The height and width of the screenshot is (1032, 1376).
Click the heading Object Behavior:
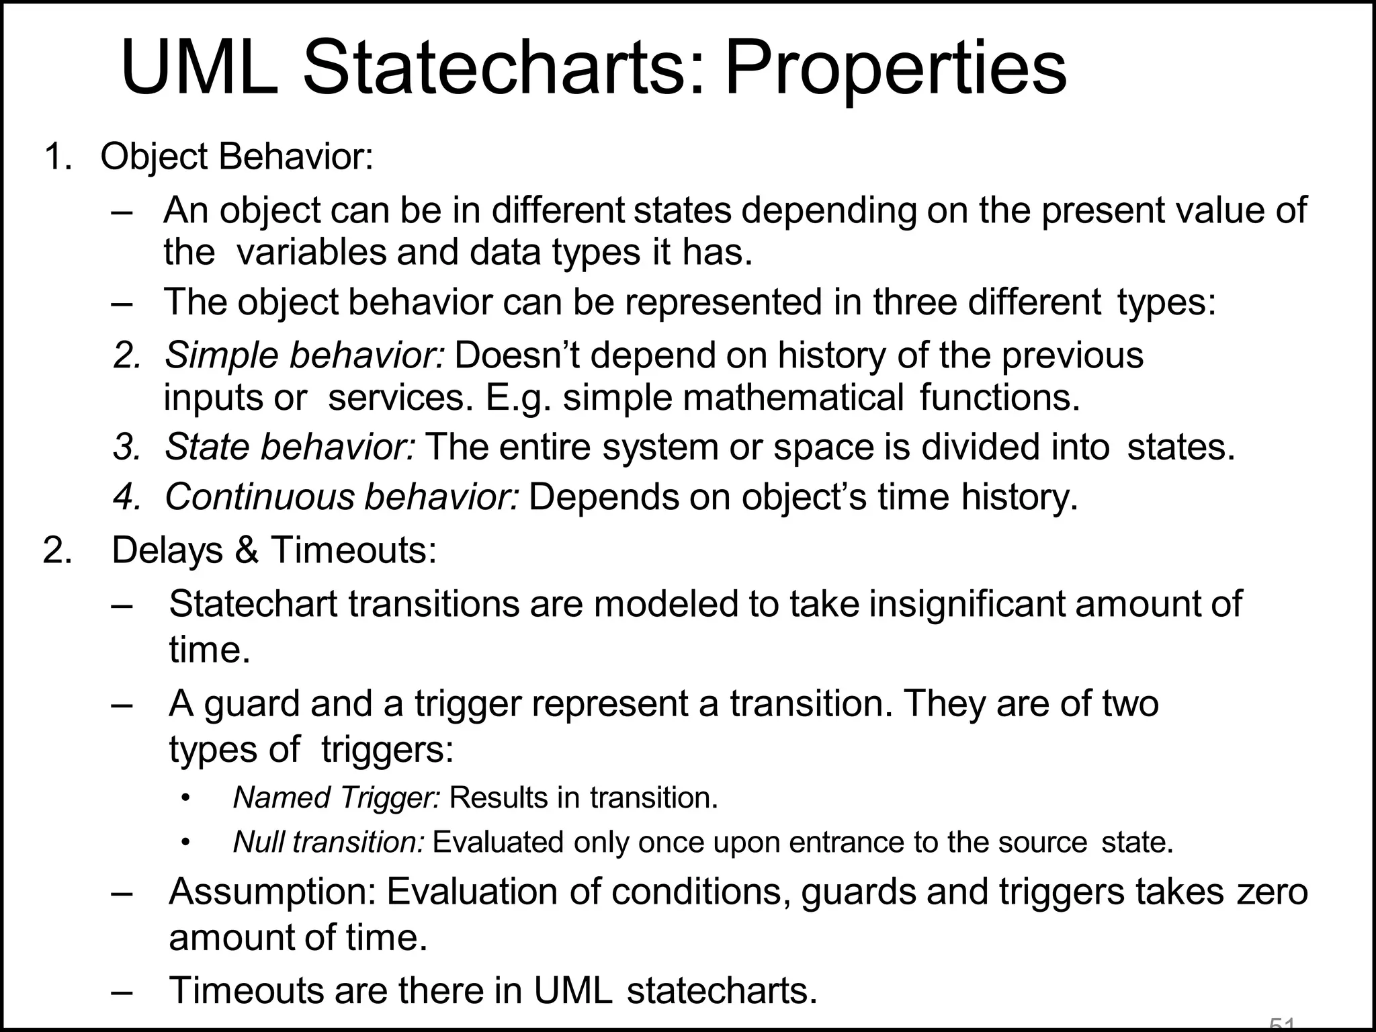click(236, 157)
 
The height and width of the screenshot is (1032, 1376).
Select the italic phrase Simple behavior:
click(304, 355)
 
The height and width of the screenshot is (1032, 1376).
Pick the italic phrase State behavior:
click(290, 447)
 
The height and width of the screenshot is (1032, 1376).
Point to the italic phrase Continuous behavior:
click(342, 497)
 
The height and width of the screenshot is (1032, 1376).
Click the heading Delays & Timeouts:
click(274, 550)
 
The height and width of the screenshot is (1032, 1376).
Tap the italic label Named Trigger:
click(336, 798)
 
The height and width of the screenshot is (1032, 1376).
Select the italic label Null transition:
click(329, 843)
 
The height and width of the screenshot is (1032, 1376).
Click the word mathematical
click(793, 397)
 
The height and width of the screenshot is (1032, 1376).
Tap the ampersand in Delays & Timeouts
click(247, 550)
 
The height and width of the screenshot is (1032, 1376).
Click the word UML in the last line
click(573, 990)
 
